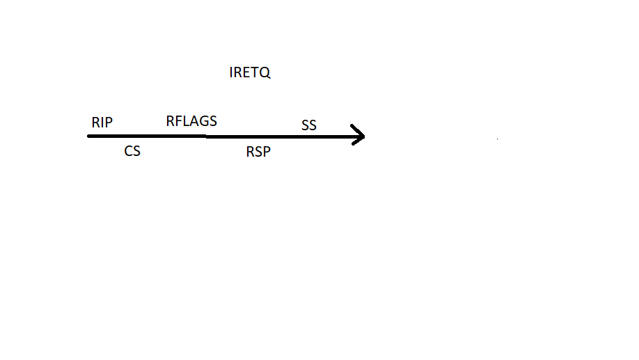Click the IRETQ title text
pyautogui.click(x=249, y=72)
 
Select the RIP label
pyautogui.click(x=102, y=123)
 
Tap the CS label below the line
pyautogui.click(x=132, y=150)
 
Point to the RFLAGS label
pyautogui.click(x=191, y=121)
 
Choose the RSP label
pyautogui.click(x=258, y=152)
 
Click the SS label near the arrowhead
pyautogui.click(x=309, y=125)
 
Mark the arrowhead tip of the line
pyautogui.click(x=364, y=136)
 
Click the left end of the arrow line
pyautogui.click(x=89, y=136)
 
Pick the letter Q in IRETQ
pyautogui.click(x=265, y=72)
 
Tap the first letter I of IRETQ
pyautogui.click(x=231, y=72)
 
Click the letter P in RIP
pyautogui.click(x=108, y=123)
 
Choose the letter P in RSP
pyautogui.click(x=266, y=152)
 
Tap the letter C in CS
pyautogui.click(x=129, y=150)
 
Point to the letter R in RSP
pyautogui.click(x=251, y=152)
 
